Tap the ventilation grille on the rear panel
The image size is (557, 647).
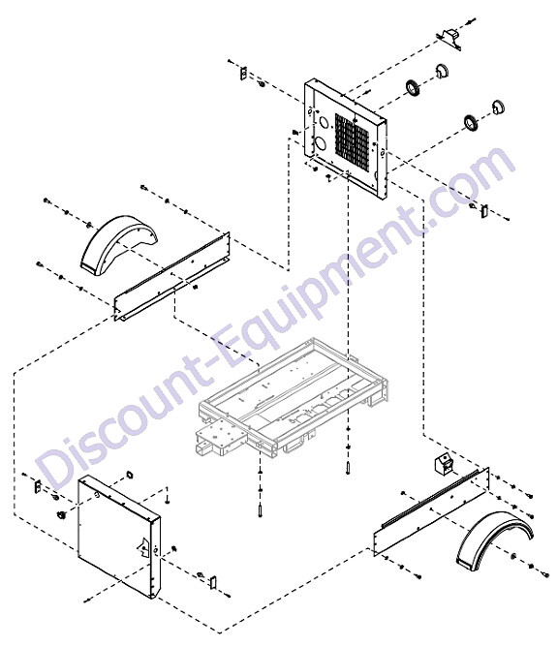(x=352, y=143)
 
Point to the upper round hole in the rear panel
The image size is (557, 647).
(x=324, y=123)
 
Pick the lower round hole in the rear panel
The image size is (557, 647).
(x=321, y=143)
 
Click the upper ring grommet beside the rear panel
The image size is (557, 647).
(x=413, y=88)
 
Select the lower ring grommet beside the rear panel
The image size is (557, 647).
(x=470, y=122)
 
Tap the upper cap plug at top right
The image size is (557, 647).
(x=442, y=71)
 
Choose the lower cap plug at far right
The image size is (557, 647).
(x=498, y=107)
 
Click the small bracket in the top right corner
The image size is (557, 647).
(x=449, y=39)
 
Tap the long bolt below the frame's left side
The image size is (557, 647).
(x=260, y=510)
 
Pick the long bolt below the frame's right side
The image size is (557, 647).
(x=348, y=469)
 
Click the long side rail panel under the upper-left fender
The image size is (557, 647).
(x=171, y=276)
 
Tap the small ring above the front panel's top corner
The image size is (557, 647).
(x=129, y=475)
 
